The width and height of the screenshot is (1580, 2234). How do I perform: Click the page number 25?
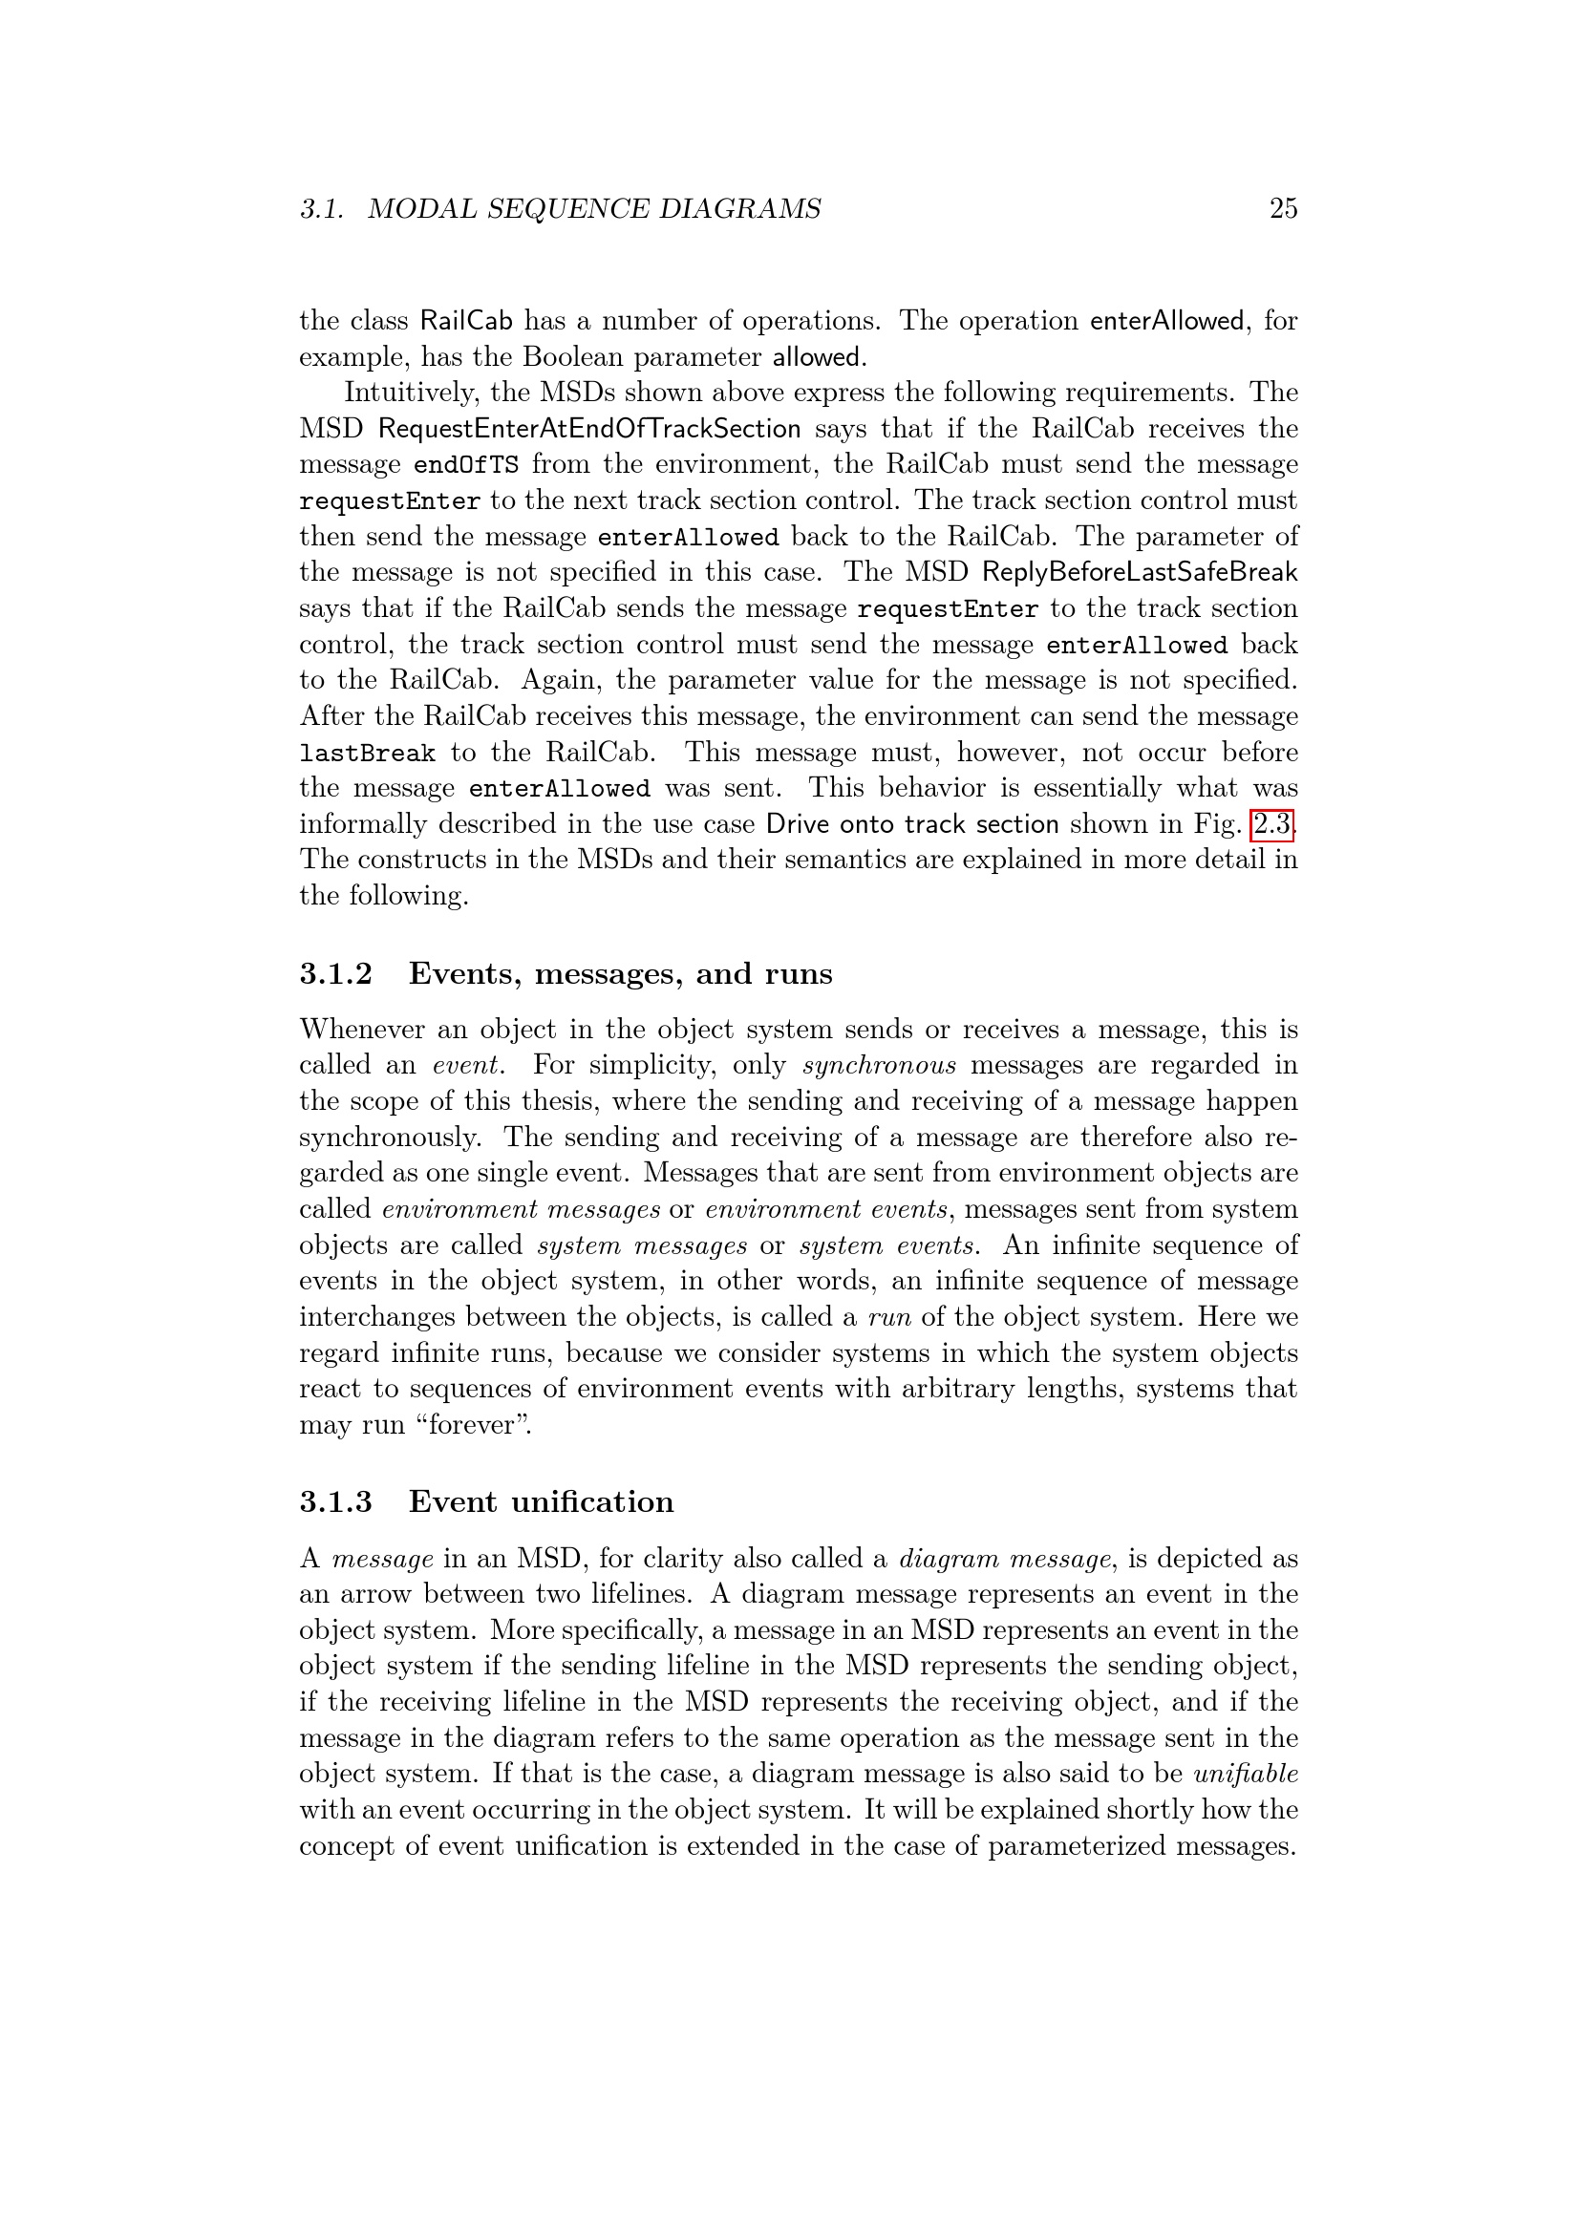[1282, 208]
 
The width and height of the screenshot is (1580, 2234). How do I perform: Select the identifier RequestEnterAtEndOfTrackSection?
[589, 428]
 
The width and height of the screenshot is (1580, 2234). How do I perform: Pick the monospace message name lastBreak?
[367, 753]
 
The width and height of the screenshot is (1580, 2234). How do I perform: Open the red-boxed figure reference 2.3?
[1271, 824]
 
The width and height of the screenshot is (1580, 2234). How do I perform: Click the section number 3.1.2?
[335, 973]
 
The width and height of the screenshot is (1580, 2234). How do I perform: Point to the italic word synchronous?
[879, 1064]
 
